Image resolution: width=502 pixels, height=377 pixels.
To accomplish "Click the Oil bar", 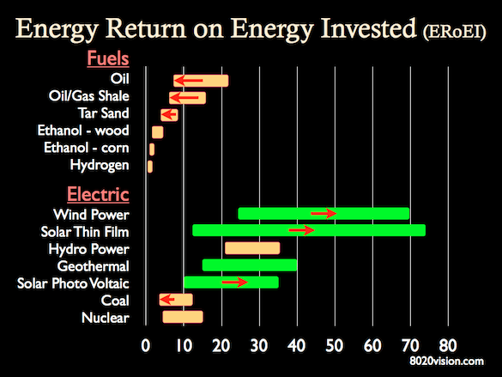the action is point(201,81).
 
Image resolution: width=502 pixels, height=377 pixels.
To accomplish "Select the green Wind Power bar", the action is point(324,214).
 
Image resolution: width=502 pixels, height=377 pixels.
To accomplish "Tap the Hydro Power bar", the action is point(252,248).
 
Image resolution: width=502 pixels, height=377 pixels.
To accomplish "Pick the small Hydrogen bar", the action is point(150,167).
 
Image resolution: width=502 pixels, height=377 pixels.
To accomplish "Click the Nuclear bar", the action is point(183,317).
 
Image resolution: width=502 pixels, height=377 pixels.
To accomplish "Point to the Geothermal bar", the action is point(250,265).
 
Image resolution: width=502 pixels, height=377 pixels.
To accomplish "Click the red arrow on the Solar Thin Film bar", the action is point(301,230).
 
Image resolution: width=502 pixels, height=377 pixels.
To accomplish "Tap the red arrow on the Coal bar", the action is point(167,300).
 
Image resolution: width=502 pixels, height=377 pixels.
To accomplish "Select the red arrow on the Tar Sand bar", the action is point(169,114).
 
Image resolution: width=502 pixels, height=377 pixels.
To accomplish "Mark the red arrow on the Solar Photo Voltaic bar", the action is point(234,282).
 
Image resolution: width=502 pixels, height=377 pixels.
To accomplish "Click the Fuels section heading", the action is point(108,58).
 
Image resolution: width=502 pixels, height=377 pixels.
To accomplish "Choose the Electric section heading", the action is point(98,194).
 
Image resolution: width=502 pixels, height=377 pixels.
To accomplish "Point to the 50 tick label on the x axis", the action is point(335,346).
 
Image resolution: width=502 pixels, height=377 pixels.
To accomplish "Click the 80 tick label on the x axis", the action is point(448,346).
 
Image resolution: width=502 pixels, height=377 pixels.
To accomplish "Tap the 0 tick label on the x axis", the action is point(146,346).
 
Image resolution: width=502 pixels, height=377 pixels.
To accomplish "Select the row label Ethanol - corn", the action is point(87,148).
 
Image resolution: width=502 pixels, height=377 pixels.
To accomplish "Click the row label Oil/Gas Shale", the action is point(89,96).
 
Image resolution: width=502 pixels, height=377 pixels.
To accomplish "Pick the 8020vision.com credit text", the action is point(446,362).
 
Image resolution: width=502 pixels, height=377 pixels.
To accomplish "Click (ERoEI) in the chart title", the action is point(454,33).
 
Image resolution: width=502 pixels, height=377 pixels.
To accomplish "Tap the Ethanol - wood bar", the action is point(158,132).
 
